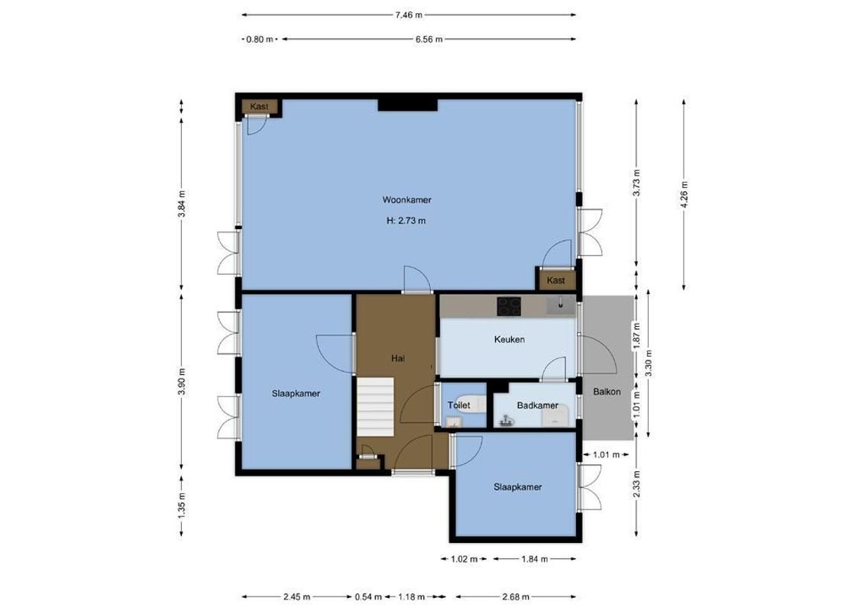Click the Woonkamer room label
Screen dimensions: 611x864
click(x=407, y=200)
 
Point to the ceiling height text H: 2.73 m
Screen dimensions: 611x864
click(x=406, y=221)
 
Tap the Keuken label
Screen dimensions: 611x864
click(x=509, y=339)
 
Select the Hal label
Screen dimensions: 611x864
click(x=397, y=357)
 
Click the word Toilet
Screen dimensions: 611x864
click(x=458, y=406)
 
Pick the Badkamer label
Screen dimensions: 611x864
click(x=536, y=406)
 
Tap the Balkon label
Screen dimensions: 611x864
click(x=607, y=392)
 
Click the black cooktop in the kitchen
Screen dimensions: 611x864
click(x=510, y=306)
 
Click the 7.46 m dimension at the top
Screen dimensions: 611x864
click(x=409, y=14)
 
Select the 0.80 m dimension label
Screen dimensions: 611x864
click(x=259, y=40)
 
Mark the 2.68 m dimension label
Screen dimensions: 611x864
click(x=515, y=597)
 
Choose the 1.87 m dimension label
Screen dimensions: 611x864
click(x=635, y=336)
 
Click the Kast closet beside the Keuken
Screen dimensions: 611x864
click(x=556, y=280)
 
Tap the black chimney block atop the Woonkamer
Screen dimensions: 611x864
click(x=408, y=104)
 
